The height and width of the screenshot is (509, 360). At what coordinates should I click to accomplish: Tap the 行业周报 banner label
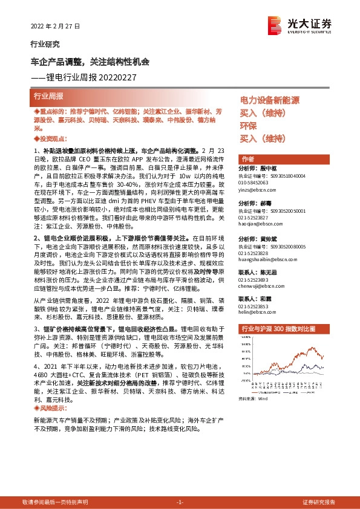point(50,97)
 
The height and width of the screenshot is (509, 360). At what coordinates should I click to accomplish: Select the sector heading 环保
point(248,126)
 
